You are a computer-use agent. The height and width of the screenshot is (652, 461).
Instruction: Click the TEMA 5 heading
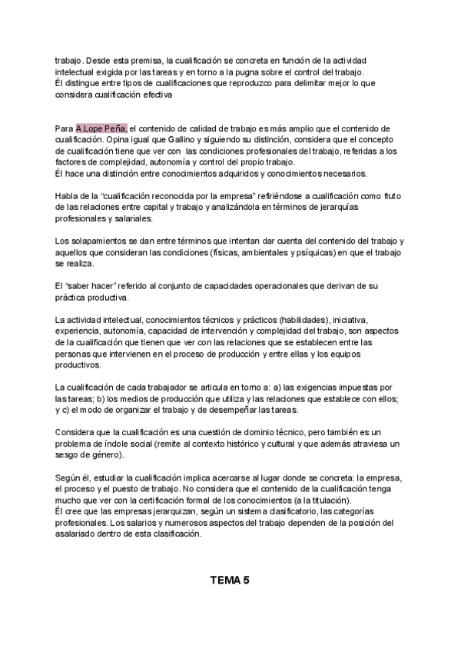point(230,580)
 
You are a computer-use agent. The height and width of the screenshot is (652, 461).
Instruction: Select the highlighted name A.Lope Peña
point(101,128)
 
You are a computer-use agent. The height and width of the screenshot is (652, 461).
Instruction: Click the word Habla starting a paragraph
point(67,197)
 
